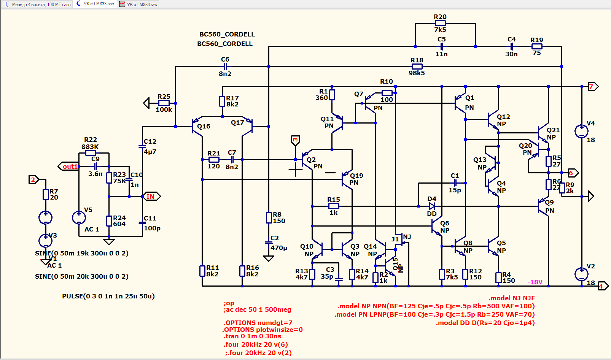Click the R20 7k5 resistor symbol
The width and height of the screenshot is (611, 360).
tap(440, 23)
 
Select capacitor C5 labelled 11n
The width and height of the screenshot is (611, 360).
tap(442, 46)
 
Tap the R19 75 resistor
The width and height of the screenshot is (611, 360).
tap(537, 46)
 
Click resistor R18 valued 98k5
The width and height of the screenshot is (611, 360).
tap(417, 66)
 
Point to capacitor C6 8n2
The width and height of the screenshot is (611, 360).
tap(225, 66)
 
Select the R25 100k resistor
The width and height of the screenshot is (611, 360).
tap(164, 103)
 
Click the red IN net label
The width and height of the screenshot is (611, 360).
tap(151, 197)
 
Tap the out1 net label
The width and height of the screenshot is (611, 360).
tap(69, 167)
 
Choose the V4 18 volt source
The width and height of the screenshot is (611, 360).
tap(581, 132)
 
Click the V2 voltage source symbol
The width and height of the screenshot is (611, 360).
tap(581, 274)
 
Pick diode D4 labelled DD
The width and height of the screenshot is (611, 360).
tap(432, 206)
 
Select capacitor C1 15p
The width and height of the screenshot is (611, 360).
tap(455, 183)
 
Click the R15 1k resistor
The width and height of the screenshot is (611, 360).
tap(334, 206)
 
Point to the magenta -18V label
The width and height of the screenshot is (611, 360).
tap(535, 282)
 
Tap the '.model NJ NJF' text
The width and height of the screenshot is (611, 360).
tap(512, 298)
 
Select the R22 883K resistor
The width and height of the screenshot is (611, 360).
tap(91, 153)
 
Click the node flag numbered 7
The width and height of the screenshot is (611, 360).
tap(592, 87)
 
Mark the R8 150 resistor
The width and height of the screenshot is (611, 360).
tap(269, 218)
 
